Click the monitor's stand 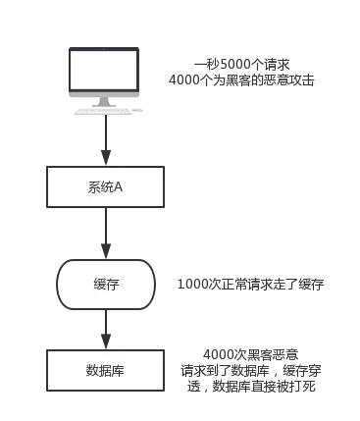pos(104,97)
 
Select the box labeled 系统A pos(104,186)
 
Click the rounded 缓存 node pos(105,284)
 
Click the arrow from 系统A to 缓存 pos(104,234)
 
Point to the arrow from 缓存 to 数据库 pos(104,327)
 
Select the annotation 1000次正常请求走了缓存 pos(250,284)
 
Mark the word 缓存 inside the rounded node pos(105,284)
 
